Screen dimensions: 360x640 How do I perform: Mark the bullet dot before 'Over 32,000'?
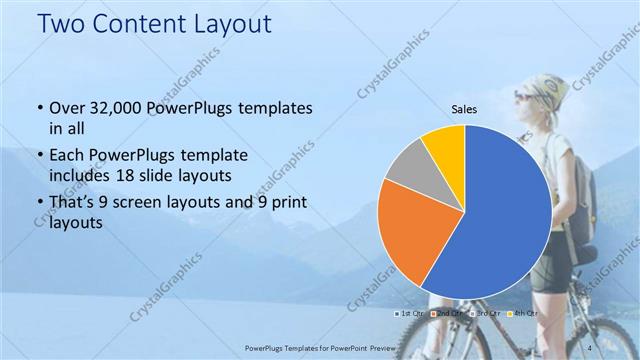tap(38, 108)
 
